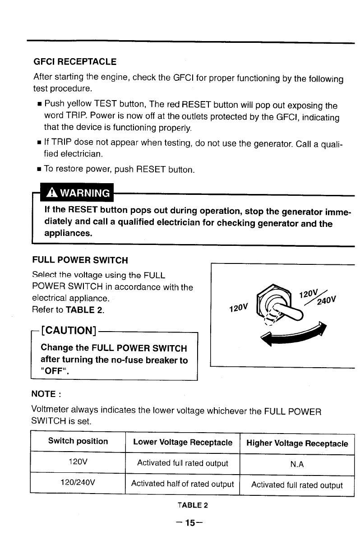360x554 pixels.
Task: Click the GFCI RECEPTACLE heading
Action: (x=75, y=61)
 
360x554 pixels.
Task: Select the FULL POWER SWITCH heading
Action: (x=80, y=260)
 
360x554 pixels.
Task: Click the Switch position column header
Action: (x=78, y=441)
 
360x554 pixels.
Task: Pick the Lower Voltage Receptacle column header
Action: (x=183, y=443)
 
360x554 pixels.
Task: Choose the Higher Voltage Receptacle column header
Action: (x=297, y=443)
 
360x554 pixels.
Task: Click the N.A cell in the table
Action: (x=297, y=463)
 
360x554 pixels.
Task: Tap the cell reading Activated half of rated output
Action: (x=182, y=484)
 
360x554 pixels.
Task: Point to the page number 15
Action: (x=190, y=523)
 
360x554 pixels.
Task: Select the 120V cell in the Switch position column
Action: (x=78, y=463)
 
